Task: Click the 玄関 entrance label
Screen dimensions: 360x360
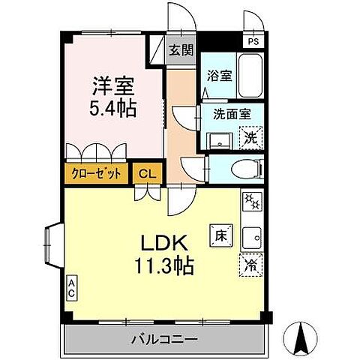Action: click(x=180, y=51)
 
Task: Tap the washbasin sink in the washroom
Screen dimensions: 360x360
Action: click(x=220, y=140)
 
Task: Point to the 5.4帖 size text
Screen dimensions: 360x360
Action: click(x=114, y=108)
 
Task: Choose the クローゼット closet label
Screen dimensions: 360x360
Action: click(x=96, y=172)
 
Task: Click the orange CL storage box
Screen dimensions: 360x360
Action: click(x=147, y=173)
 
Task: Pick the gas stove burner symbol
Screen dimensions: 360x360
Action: click(x=250, y=202)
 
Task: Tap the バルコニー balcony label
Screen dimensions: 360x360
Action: click(x=168, y=340)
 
